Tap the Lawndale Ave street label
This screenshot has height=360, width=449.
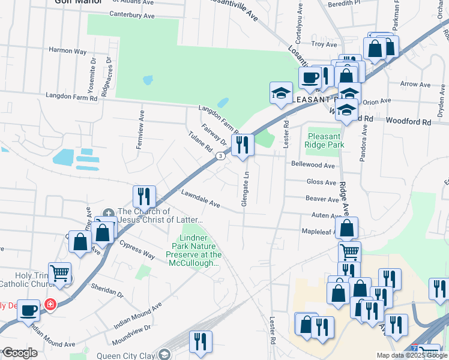[x=200, y=199]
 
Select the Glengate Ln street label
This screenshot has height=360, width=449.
[x=245, y=190]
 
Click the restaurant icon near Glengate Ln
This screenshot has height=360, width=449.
[x=243, y=145]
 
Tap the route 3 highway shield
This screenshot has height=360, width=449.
[x=221, y=156]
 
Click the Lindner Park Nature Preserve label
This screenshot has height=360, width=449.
[x=196, y=247]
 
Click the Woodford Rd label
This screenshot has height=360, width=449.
[x=409, y=121]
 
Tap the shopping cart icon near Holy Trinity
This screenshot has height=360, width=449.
[x=59, y=274]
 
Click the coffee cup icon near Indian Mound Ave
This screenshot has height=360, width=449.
[x=29, y=311]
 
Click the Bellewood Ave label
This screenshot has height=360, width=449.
[x=313, y=165]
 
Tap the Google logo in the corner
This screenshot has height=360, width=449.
[x=19, y=353]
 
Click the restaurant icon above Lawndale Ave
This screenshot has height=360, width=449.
[x=144, y=196]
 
